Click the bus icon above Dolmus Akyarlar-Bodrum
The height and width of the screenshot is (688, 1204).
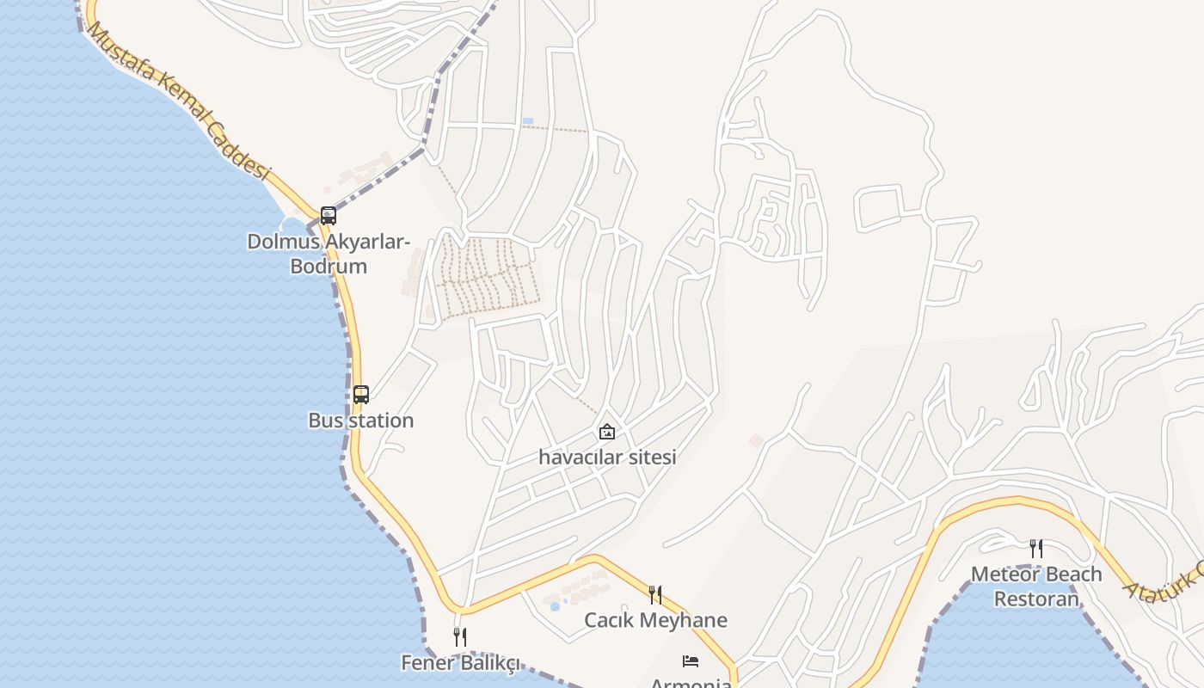tap(328, 215)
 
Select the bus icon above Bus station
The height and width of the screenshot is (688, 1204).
tap(361, 395)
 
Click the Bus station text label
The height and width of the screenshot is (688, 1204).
tap(361, 421)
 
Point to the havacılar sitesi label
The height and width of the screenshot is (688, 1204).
tap(607, 458)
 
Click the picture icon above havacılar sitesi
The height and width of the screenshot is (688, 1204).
tap(607, 432)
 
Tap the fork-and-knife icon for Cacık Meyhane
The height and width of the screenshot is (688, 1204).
tap(655, 594)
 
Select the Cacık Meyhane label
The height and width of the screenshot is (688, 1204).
tap(655, 620)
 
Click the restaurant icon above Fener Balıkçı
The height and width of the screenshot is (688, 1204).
tap(460, 637)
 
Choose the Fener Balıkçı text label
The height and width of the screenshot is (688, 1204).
tap(460, 663)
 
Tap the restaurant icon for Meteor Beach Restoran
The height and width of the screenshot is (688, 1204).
tap(1036, 548)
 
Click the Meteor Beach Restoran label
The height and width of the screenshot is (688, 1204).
tap(1036, 587)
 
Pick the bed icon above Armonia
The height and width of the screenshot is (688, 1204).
tap(691, 660)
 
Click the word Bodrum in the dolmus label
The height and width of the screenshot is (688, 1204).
tap(329, 267)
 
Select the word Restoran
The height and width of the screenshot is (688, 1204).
tap(1036, 599)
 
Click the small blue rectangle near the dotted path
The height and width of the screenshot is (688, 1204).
tap(527, 120)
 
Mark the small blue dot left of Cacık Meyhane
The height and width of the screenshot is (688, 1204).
tap(555, 606)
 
